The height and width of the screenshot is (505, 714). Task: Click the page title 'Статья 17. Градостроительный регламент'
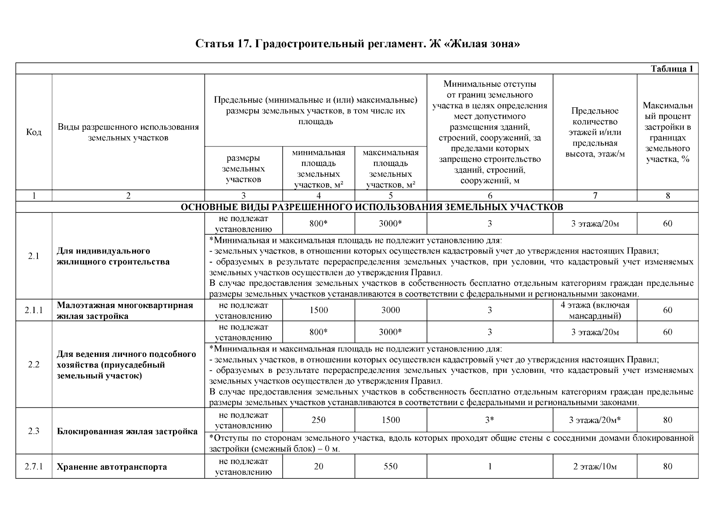point(357,44)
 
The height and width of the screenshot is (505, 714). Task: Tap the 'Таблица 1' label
point(672,69)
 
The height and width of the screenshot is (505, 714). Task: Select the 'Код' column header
point(34,132)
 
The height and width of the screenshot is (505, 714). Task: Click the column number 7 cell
point(595,195)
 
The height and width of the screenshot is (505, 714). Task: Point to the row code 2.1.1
point(34,311)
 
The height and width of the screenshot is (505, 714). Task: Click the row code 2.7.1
point(34,466)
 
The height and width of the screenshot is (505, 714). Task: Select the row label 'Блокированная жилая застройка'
point(127,431)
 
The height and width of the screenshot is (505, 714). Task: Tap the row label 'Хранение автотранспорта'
point(112,467)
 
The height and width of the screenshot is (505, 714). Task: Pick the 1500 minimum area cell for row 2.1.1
point(319,310)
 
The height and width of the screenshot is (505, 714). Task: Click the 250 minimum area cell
point(319,420)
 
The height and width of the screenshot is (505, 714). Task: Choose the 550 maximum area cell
point(390,466)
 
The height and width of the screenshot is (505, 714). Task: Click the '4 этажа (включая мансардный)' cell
point(595,310)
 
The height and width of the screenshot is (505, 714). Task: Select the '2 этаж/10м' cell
point(595,466)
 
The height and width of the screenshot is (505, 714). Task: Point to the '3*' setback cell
point(489,420)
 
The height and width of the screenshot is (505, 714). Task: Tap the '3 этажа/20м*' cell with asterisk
point(595,420)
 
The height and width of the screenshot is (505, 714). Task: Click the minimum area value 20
point(319,466)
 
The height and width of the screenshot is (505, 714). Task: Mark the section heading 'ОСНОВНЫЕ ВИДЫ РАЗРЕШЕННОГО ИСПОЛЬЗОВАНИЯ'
point(357,207)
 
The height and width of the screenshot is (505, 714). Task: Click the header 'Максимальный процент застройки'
point(667,132)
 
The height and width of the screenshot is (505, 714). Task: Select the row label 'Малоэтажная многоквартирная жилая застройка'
point(125,311)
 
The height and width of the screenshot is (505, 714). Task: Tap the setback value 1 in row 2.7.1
point(490,466)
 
